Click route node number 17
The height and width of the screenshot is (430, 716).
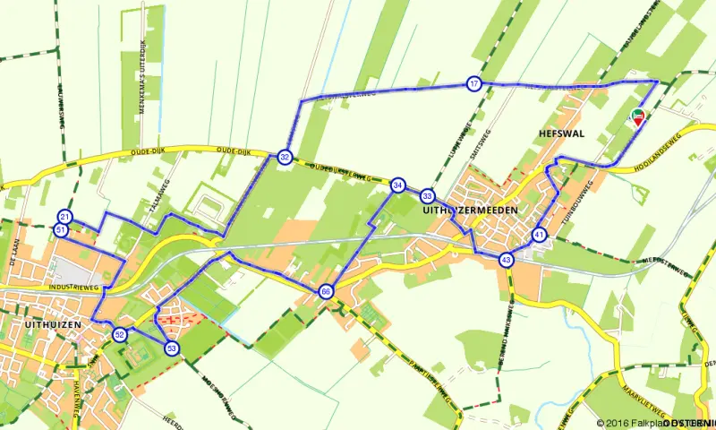coord(473,84)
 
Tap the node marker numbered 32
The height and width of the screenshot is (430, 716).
coord(285,158)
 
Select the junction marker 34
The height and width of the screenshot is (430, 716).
coord(397,185)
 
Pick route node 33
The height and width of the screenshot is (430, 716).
coord(428,195)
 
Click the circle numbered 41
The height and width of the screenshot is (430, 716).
coord(539,235)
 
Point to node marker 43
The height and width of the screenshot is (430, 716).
coord(507,260)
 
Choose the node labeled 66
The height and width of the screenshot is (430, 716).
coord(325,291)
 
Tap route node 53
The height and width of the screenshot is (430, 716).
coord(171,348)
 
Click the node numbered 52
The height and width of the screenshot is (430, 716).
coord(120,334)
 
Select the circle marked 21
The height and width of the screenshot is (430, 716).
coord(64,217)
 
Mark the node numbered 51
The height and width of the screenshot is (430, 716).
coord(60,230)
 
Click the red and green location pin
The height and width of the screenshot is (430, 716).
coord(638,117)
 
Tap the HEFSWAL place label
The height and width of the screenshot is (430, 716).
coord(561,133)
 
